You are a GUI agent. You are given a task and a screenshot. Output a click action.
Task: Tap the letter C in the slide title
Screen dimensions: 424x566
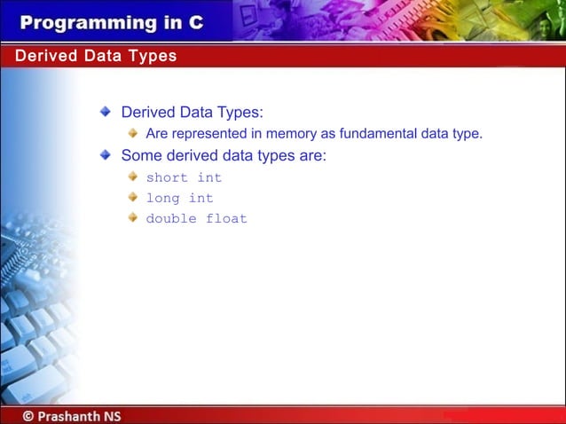(x=195, y=23)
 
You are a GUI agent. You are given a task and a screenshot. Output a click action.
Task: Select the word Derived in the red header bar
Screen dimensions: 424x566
(x=43, y=56)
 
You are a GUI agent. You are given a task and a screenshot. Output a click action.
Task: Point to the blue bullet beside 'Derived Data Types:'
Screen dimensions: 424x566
(x=106, y=113)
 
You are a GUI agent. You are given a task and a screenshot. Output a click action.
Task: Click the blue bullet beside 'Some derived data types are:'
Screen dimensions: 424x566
(x=106, y=155)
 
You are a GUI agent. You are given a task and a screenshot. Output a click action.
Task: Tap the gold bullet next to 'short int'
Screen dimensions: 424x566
(x=132, y=177)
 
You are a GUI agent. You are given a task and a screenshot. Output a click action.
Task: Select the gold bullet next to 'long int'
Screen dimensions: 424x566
(x=132, y=197)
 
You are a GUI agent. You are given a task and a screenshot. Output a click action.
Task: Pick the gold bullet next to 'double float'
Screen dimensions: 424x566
(x=132, y=217)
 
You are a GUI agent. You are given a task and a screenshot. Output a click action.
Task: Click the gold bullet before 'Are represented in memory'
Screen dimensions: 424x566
(x=132, y=133)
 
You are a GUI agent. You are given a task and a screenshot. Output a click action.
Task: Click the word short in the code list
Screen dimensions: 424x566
(x=168, y=177)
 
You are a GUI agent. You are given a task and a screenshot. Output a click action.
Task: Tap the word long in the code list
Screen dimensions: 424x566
(x=163, y=198)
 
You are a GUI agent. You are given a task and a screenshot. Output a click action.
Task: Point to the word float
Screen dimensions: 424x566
(x=227, y=218)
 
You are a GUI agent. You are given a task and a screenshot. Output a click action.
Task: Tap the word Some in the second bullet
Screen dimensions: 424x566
(x=139, y=156)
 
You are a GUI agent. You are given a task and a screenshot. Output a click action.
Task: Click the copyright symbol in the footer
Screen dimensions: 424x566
(x=29, y=415)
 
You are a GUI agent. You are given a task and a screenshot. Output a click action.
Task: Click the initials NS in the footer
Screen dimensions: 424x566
(x=111, y=415)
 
